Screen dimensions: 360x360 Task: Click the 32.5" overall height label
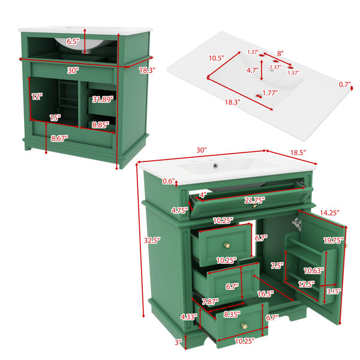coord(152,241)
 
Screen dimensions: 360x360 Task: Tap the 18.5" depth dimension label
coord(298,152)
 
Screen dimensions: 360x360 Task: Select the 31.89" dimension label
coord(103,100)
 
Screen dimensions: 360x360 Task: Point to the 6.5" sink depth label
coord(73,41)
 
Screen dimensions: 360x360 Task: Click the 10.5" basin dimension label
coord(216,58)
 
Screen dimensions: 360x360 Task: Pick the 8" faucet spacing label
coord(280,53)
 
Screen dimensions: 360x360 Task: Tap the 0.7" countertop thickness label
coord(345,85)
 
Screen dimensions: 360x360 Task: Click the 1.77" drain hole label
coord(270,93)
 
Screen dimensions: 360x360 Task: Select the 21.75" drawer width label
coord(254,200)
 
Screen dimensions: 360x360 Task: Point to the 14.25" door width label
coord(329,213)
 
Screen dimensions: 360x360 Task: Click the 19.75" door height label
coord(333,241)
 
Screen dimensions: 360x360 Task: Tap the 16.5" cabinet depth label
coord(265,293)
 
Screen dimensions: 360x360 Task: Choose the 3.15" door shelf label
coord(334,292)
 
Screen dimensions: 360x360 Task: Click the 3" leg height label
coord(178,343)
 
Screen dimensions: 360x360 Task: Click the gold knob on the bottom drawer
coord(244,326)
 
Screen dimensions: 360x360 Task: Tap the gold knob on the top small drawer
coord(227,245)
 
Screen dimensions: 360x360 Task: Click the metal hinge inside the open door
coord(297,224)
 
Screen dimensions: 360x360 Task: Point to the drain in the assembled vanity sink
coord(215,166)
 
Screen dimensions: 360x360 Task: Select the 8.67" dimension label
coord(59,139)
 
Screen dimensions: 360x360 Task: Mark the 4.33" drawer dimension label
coord(189,317)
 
